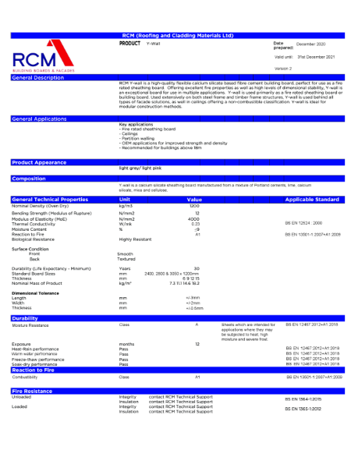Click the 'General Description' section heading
click(38, 78)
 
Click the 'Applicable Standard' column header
click(311, 200)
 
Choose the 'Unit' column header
click(124, 200)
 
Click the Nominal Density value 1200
click(195, 205)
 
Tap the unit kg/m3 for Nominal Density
click(126, 205)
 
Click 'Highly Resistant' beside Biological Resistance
click(134, 238)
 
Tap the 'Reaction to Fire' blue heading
click(36, 369)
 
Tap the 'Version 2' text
click(283, 68)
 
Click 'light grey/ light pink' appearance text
click(140, 168)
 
